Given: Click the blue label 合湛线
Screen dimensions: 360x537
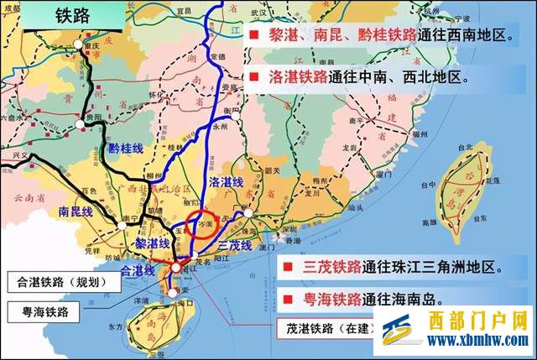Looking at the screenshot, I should click(x=138, y=271).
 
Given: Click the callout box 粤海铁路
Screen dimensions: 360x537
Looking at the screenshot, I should click(x=50, y=312).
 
